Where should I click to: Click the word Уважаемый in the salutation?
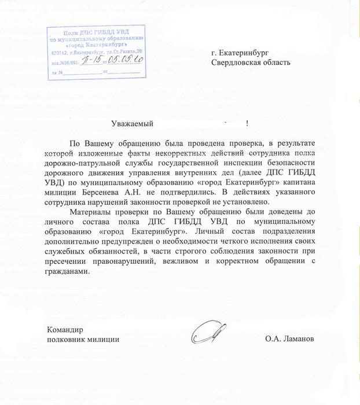coord(131,123)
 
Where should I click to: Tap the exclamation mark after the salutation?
coord(247,123)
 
